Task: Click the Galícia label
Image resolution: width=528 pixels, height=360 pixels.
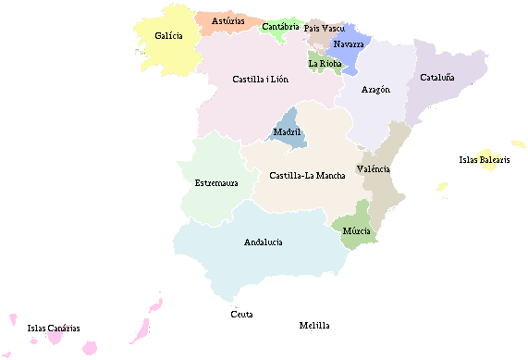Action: [168, 36]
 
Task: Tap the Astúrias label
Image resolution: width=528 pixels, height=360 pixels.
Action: [227, 20]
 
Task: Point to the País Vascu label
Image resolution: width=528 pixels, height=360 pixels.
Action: [325, 29]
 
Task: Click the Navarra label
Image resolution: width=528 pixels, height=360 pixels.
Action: [349, 43]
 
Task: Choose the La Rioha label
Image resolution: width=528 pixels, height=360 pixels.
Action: [325, 64]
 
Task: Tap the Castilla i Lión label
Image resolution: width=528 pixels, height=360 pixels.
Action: [260, 80]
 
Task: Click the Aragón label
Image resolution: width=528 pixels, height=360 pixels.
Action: [375, 90]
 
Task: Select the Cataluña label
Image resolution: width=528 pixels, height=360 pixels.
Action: [437, 78]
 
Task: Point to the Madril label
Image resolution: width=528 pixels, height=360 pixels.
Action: [288, 132]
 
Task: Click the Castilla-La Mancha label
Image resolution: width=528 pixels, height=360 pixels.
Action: [308, 176]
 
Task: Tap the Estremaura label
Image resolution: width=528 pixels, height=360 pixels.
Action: [216, 183]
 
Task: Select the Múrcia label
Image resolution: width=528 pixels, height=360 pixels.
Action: [356, 230]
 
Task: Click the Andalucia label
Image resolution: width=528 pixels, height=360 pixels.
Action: [264, 242]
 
